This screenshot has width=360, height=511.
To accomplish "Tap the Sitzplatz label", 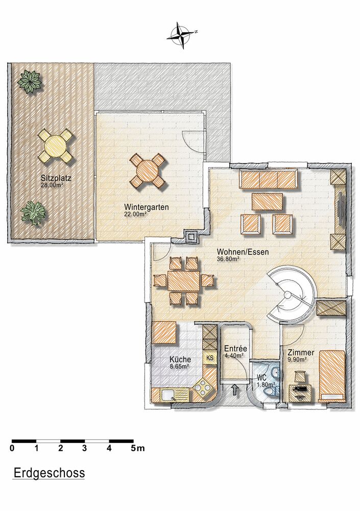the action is [x=56, y=178].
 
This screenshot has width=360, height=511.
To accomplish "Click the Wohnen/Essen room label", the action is [x=243, y=252].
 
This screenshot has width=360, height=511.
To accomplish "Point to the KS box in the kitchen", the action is [x=210, y=358].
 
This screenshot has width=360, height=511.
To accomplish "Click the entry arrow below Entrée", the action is [x=234, y=390].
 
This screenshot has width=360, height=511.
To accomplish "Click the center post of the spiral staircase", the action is [x=287, y=295].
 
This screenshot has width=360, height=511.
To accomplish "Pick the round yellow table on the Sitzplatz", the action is [x=55, y=146].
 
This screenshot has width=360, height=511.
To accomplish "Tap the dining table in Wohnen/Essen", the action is [x=184, y=281].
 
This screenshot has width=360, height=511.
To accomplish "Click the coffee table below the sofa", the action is [x=267, y=202].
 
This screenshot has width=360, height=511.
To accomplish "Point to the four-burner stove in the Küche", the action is [x=202, y=388].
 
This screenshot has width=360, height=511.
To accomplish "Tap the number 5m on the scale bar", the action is [x=137, y=449].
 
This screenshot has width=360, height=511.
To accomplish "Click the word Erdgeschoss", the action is [x=49, y=473].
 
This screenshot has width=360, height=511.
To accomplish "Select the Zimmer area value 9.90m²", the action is [x=297, y=360].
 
